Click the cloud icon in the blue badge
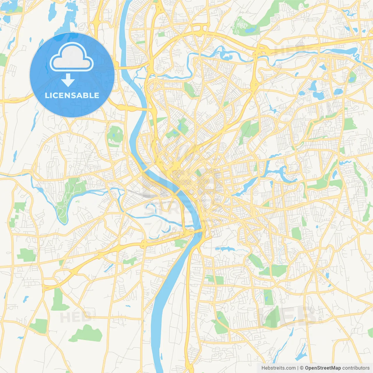(x=71, y=57)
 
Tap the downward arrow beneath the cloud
(x=68, y=80)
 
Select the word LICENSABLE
(x=72, y=95)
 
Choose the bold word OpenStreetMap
(x=323, y=368)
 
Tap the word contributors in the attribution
(x=356, y=368)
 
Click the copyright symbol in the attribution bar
(x=302, y=368)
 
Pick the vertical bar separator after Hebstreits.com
(x=298, y=368)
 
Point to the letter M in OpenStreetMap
(x=332, y=368)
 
